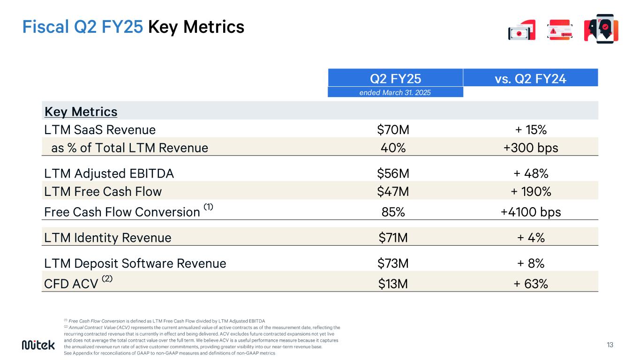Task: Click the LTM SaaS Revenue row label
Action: coord(100,129)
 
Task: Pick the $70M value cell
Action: coord(393,129)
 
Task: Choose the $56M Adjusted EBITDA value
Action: coord(393,173)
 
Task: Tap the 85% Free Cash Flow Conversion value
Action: coord(393,212)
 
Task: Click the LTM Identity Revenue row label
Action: coord(107,238)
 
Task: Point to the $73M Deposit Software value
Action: coord(393,263)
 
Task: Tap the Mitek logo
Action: coord(38,345)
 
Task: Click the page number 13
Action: coord(610,345)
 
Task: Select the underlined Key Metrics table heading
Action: coord(81,112)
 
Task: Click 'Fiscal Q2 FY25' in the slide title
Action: coord(83,27)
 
